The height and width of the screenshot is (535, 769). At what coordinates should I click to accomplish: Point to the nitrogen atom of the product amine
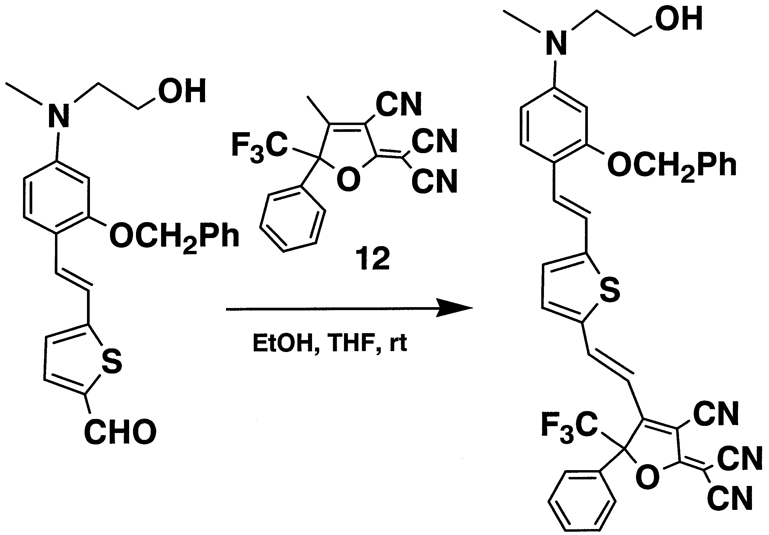pyautogui.click(x=556, y=42)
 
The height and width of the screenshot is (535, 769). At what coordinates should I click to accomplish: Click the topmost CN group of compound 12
pyautogui.click(x=399, y=104)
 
